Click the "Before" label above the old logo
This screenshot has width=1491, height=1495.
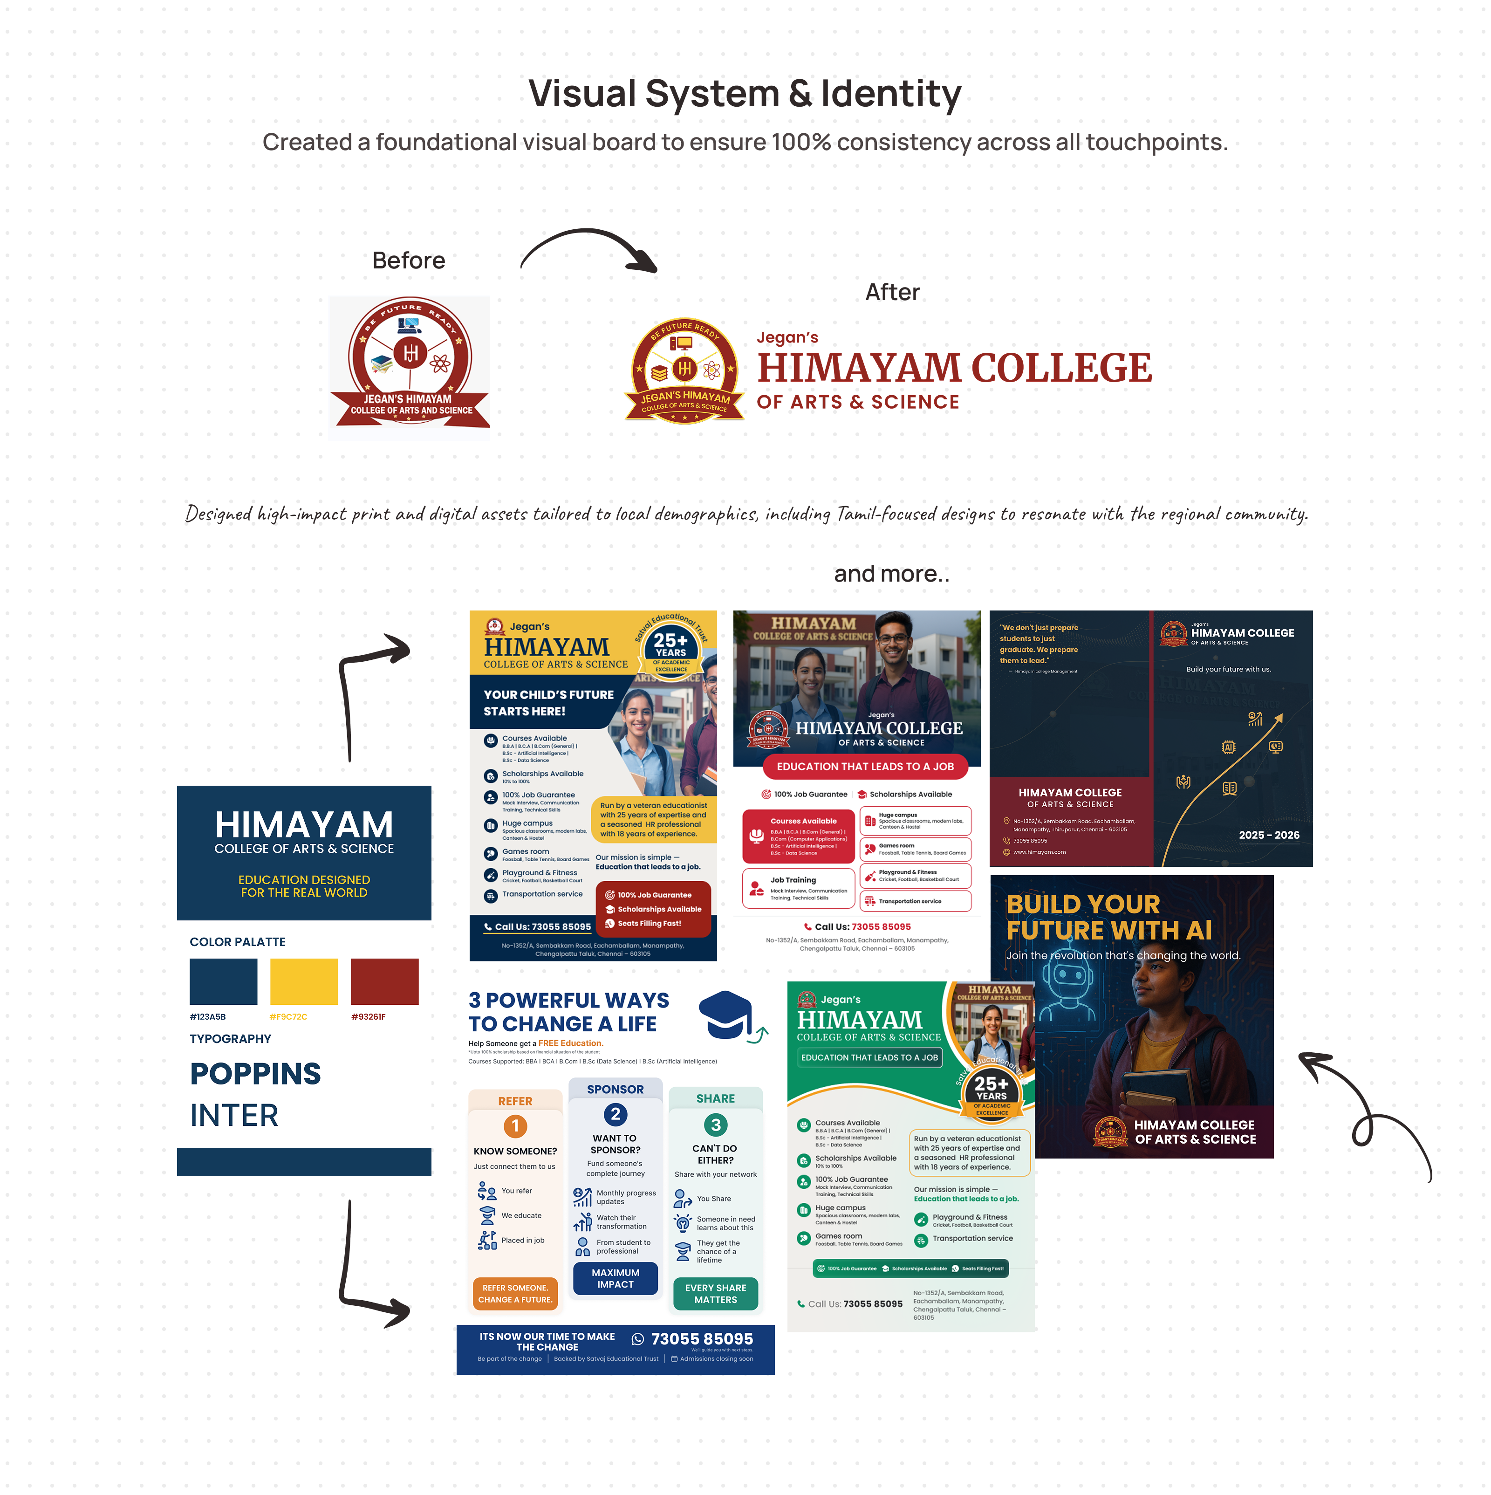click(x=409, y=261)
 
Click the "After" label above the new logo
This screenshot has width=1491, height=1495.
click(x=892, y=293)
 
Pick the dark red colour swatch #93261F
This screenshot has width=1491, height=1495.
click(x=384, y=981)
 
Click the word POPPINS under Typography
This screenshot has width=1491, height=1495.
click(x=255, y=1074)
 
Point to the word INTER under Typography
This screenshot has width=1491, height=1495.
click(x=234, y=1116)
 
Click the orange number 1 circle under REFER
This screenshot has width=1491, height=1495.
click(x=515, y=1127)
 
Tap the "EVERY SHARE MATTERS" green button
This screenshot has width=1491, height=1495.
click(x=716, y=1294)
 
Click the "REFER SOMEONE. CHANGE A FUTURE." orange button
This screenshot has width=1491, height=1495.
click(x=515, y=1294)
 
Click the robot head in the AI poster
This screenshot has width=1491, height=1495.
click(x=1068, y=979)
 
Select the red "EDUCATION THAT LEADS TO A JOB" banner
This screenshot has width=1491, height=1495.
click(x=865, y=767)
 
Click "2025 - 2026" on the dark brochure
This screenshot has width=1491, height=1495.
click(x=1269, y=835)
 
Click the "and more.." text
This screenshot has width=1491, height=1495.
click(x=891, y=574)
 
